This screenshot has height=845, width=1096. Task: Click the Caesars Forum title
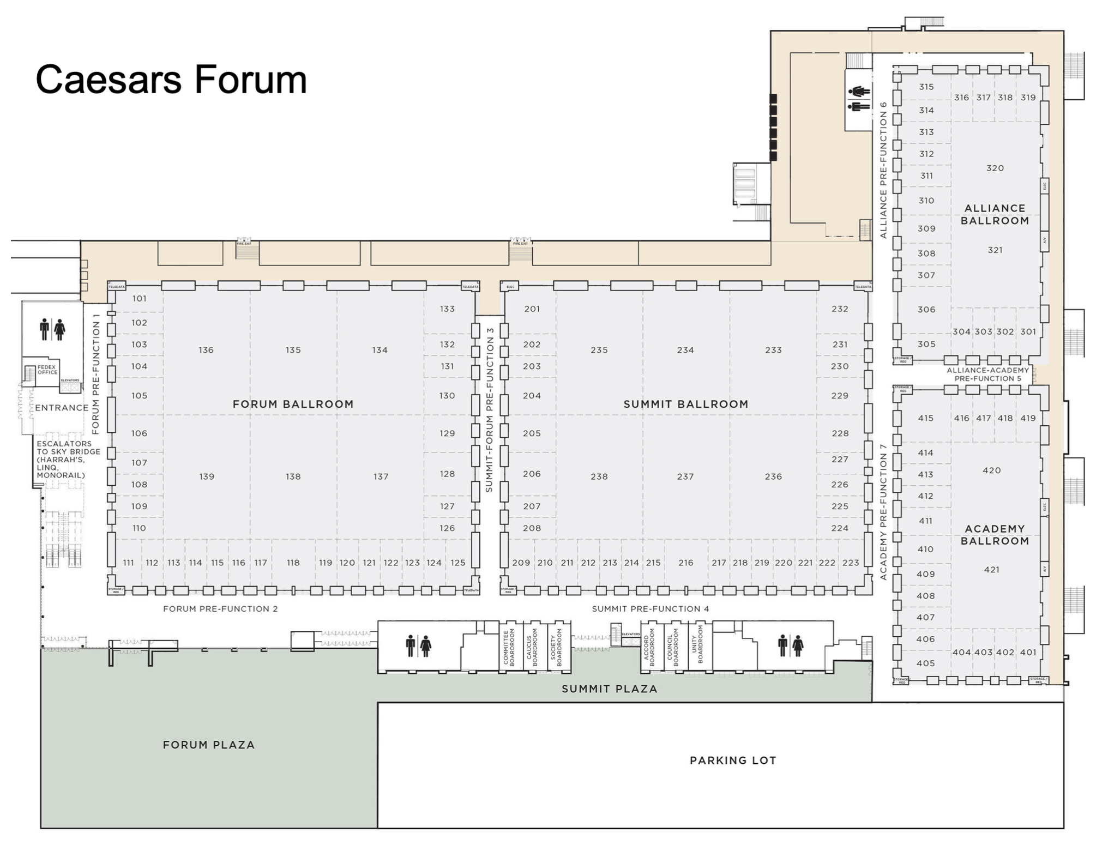pos(171,80)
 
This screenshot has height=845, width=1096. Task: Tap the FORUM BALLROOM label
pos(293,404)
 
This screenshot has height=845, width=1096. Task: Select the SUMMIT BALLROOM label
pos(685,404)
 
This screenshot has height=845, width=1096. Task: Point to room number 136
pos(206,350)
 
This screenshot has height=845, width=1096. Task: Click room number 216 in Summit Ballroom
pos(685,563)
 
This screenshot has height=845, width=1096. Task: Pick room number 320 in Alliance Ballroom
pos(995,168)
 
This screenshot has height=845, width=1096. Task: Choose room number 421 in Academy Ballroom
pos(991,570)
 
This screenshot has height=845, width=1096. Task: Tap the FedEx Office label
pos(47,370)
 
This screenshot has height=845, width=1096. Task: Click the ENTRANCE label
pos(62,408)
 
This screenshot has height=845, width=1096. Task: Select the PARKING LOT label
pos(733,760)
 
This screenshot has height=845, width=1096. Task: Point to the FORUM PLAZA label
pos(209,745)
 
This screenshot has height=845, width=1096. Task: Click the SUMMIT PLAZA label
pos(609,689)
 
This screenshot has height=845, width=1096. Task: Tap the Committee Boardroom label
pos(509,647)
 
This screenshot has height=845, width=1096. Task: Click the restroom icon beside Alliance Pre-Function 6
pos(859,99)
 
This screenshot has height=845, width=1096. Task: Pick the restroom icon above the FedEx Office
pos(52,329)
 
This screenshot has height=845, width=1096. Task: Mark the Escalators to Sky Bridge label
pos(68,460)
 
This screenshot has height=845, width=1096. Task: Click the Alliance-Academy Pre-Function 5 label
pos(987,374)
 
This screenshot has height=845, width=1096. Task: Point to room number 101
pos(139,298)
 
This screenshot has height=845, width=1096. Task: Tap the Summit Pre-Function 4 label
pos(651,608)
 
